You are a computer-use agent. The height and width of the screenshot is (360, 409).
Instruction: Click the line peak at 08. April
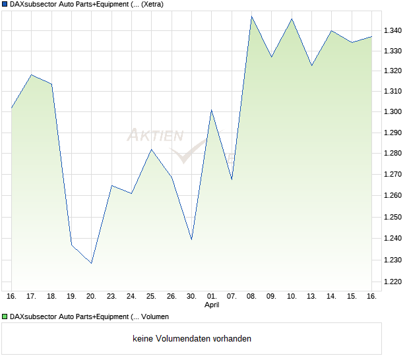(251, 16)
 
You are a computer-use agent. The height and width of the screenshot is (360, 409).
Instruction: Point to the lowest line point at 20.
(92, 263)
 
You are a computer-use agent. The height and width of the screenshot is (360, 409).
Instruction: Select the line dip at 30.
(191, 239)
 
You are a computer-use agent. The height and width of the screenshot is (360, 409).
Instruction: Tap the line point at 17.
(32, 75)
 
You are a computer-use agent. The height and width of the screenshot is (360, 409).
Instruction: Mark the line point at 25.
(151, 149)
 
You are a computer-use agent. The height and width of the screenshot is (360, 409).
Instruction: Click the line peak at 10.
(292, 18)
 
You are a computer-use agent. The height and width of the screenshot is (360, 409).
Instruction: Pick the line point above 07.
(232, 179)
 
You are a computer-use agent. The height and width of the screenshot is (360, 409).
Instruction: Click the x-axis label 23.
(111, 296)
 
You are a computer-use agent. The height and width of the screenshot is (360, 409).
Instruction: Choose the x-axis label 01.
(212, 296)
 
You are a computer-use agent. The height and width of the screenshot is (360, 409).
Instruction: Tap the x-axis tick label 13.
(311, 296)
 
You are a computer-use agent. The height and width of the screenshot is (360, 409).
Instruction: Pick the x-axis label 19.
(71, 296)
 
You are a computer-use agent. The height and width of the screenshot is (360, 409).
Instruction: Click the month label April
(212, 305)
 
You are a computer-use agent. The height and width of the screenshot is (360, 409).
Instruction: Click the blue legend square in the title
(5, 5)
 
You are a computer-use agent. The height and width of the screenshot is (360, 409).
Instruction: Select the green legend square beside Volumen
(5, 316)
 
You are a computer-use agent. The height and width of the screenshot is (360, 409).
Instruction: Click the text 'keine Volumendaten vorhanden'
(192, 339)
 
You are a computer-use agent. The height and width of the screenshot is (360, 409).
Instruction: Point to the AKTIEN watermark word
(156, 136)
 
